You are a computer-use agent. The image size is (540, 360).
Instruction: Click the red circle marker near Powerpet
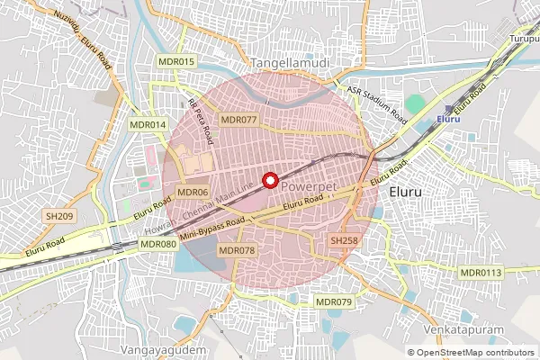pos(268,180)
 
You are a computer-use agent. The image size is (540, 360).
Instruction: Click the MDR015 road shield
pos(175,61)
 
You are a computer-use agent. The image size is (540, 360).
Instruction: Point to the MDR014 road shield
pos(148,124)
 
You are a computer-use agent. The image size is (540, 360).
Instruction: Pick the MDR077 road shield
pos(238,119)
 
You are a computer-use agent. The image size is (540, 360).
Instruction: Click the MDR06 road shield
pos(193,192)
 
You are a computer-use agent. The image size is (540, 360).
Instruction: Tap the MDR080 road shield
pos(158,244)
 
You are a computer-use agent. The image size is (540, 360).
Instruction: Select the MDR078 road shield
pos(238,249)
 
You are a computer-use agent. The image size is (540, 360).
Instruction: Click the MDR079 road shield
pos(334,301)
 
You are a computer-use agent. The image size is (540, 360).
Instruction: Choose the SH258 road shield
pos(344,240)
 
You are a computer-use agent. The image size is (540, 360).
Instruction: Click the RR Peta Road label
pos(201,121)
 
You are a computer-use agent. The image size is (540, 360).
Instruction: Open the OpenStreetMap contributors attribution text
pos(475,352)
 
